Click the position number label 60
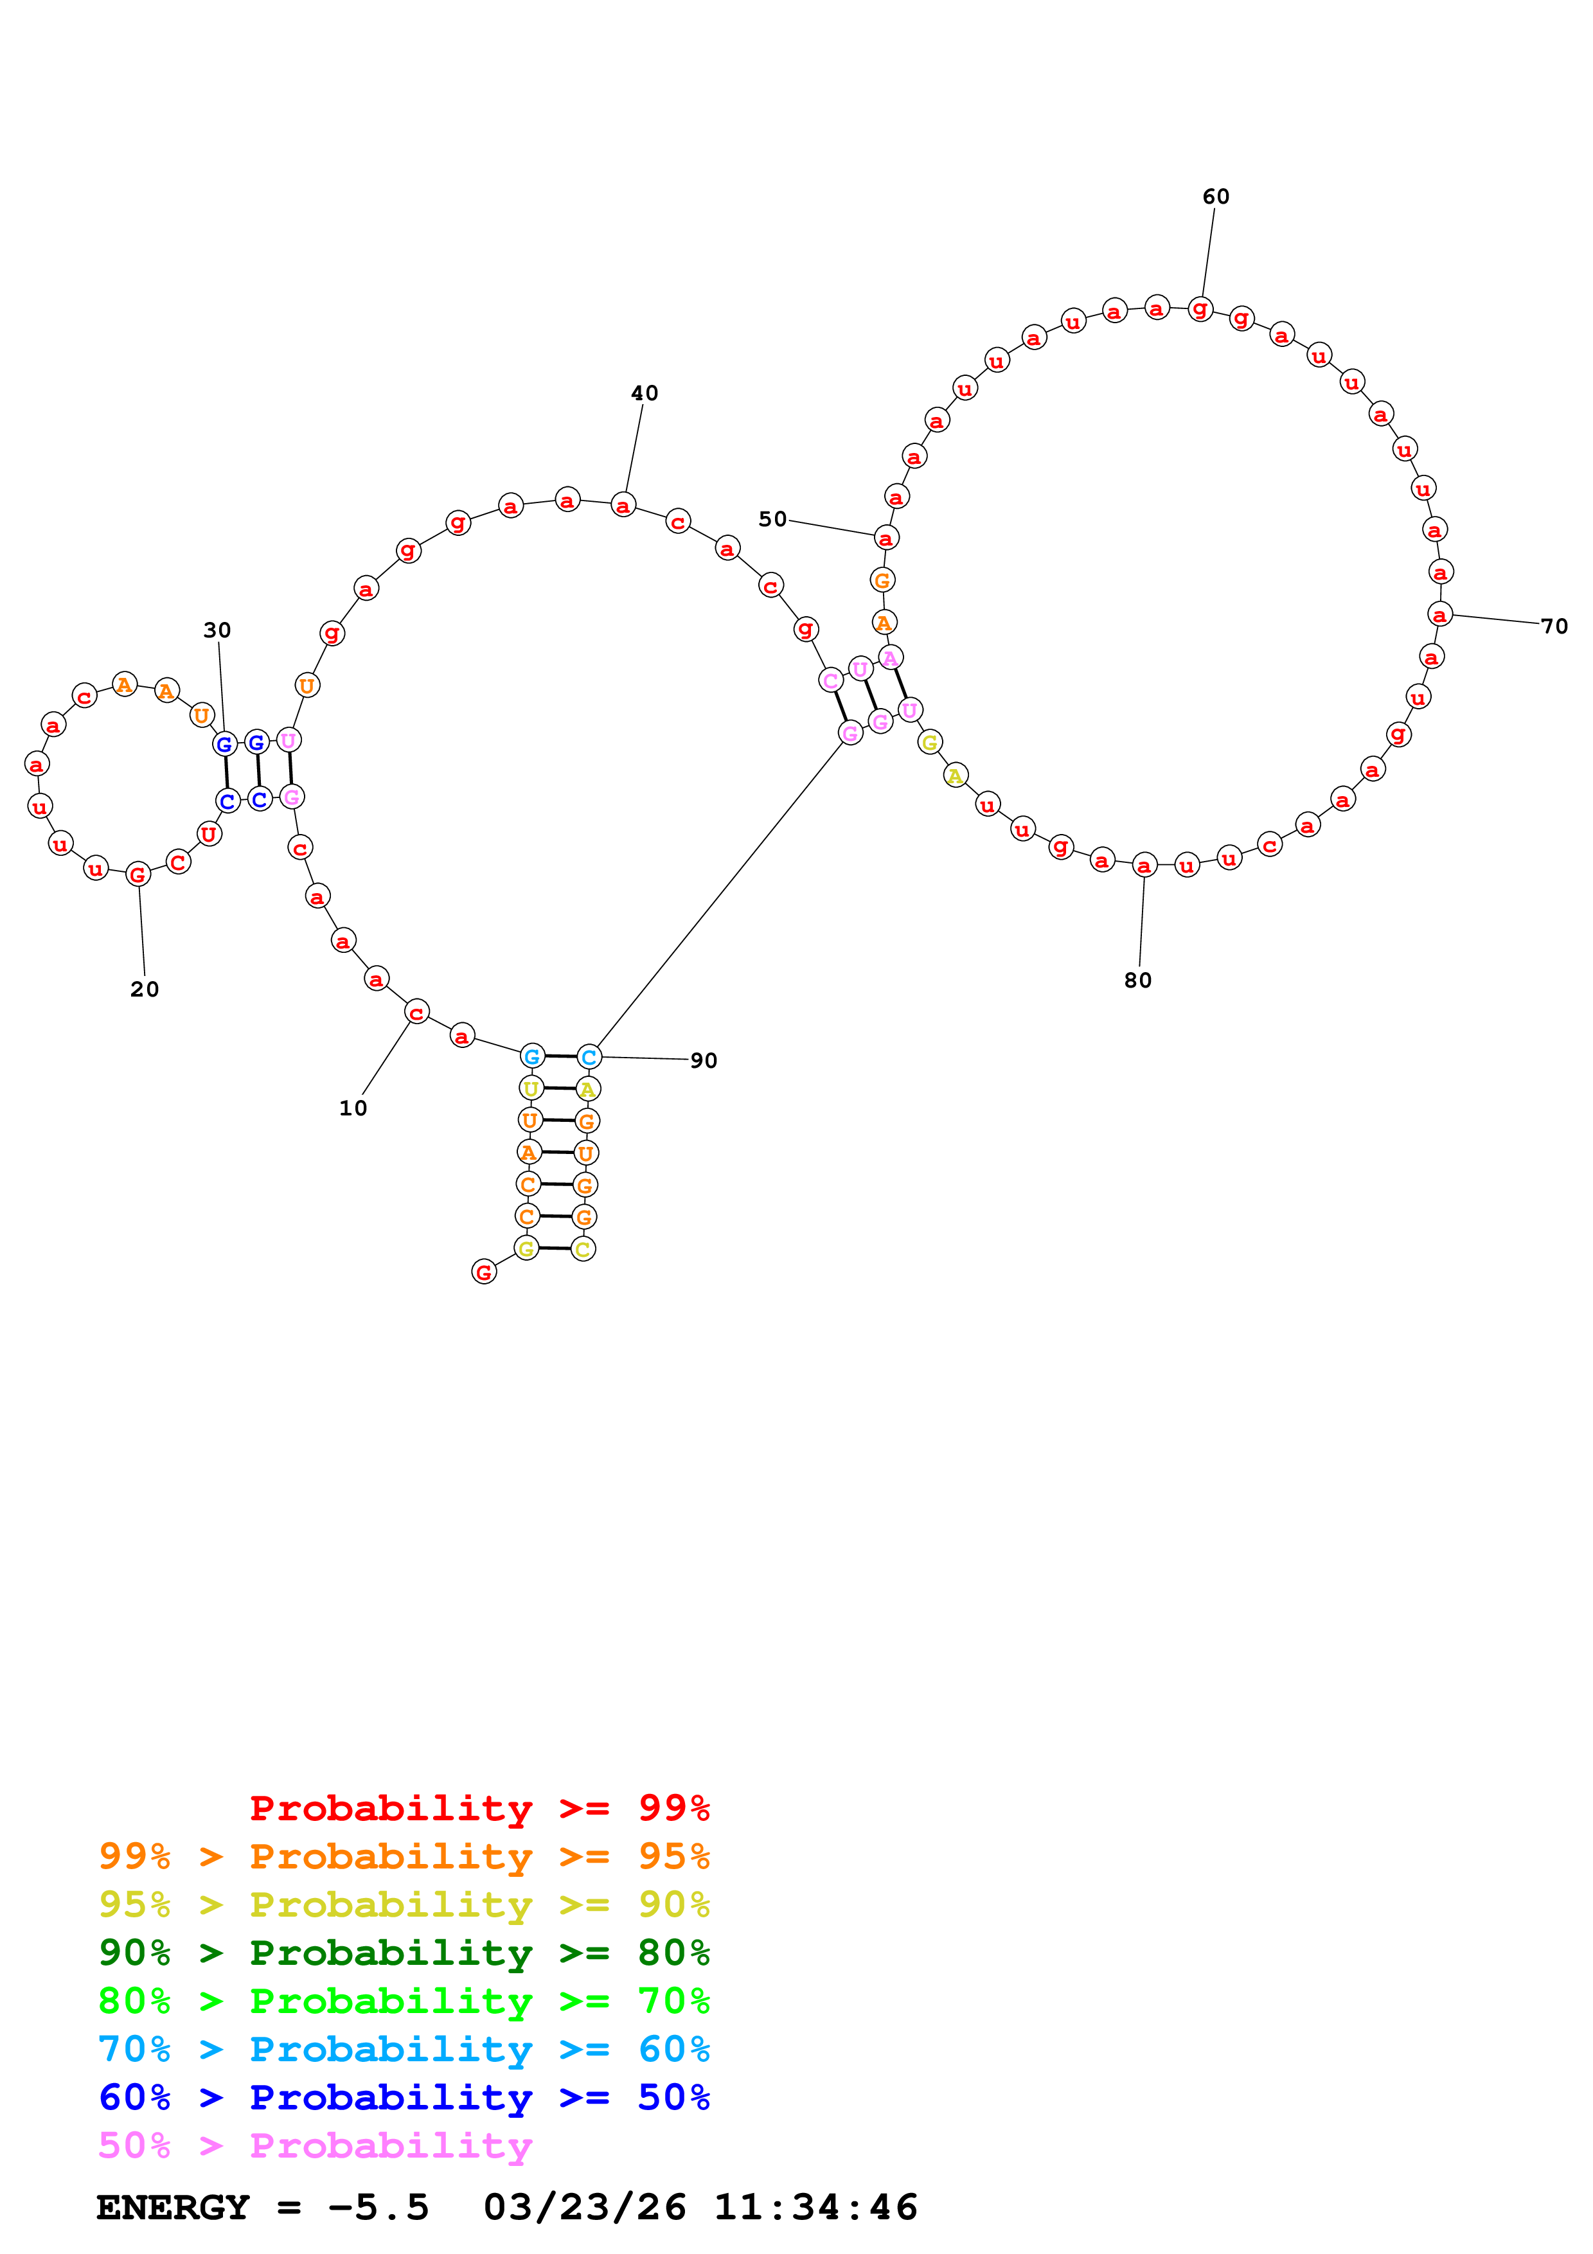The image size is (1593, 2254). click(1215, 197)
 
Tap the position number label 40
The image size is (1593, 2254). click(644, 393)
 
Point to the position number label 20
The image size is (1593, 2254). click(145, 989)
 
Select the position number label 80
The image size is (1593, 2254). click(1137, 980)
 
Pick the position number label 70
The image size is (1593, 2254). click(1554, 626)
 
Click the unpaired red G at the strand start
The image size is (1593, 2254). click(484, 1272)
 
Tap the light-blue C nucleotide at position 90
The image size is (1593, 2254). click(588, 1058)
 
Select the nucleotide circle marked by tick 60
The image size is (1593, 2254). click(1200, 309)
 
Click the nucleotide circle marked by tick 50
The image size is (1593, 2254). click(886, 538)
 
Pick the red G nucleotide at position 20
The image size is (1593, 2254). click(138, 874)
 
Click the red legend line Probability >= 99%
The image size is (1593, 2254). click(479, 1808)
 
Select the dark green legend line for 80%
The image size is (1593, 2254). click(404, 1953)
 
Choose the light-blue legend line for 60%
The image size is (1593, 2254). click(404, 2050)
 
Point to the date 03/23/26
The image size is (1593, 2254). click(584, 2208)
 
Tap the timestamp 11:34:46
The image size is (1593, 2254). click(815, 2208)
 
